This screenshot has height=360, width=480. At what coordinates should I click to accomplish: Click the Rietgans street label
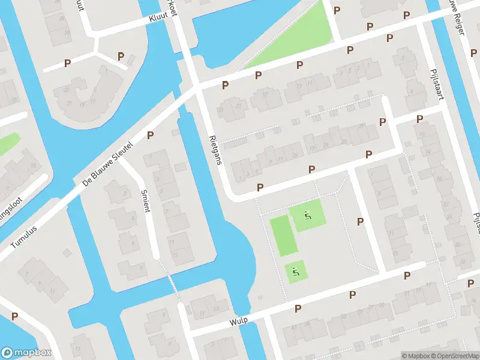(215, 148)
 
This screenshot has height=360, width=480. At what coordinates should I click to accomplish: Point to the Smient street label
(145, 201)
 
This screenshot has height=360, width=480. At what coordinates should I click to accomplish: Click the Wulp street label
(238, 322)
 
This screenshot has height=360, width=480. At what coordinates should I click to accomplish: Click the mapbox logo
(26, 353)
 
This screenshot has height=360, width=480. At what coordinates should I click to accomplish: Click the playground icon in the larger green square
(308, 215)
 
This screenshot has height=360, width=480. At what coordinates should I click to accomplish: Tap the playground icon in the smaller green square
(295, 271)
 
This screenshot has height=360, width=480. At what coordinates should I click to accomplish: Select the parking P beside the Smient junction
(151, 136)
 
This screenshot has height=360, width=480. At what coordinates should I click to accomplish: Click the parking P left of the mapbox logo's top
(14, 316)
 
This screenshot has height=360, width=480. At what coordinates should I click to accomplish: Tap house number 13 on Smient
(175, 254)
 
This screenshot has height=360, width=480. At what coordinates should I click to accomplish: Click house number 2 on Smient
(125, 193)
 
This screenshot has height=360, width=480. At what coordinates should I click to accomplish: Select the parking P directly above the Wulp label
(298, 308)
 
